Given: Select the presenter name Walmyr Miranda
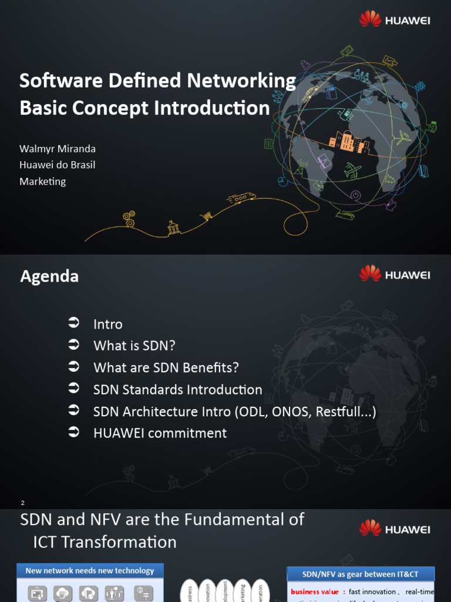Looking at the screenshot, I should pyautogui.click(x=58, y=149).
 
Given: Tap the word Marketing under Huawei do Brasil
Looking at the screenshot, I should pyautogui.click(x=43, y=182).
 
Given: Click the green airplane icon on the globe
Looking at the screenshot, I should pyautogui.click(x=352, y=170).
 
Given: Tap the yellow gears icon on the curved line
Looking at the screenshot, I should pyautogui.click(x=129, y=219).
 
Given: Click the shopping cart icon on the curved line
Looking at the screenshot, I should pyautogui.click(x=206, y=216).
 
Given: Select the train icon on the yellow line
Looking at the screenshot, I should pyautogui.click(x=241, y=198).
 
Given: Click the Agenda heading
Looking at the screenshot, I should pyautogui.click(x=49, y=276).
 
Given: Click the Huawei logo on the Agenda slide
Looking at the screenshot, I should pyautogui.click(x=394, y=274).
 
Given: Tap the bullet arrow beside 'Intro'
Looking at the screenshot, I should pyautogui.click(x=73, y=323).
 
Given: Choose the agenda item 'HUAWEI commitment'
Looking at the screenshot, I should pyautogui.click(x=160, y=433).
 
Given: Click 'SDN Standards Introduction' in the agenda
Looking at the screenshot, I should pyautogui.click(x=177, y=390).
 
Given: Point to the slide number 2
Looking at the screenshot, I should pyautogui.click(x=22, y=503).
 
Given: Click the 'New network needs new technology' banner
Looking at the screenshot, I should pyautogui.click(x=90, y=571).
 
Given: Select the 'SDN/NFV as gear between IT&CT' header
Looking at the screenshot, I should pyautogui.click(x=361, y=574).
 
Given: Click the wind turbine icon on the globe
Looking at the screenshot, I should pyautogui.click(x=404, y=138).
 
